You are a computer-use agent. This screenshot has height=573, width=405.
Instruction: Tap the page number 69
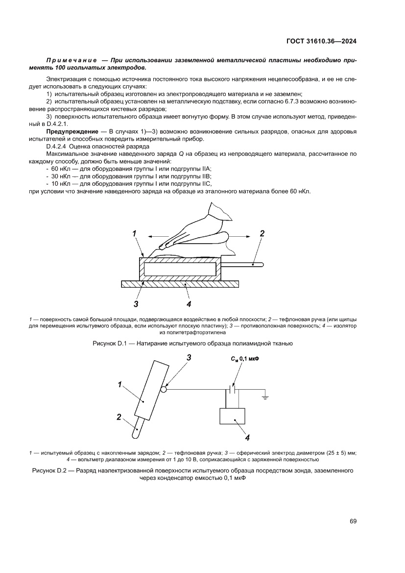click(x=353, y=521)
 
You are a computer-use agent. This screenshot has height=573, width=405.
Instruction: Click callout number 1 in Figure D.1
click(x=134, y=234)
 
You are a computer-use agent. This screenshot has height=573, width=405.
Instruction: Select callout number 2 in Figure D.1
click(x=262, y=234)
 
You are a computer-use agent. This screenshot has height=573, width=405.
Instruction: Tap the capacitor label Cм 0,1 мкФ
click(x=244, y=359)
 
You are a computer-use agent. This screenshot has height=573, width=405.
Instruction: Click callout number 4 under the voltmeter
click(x=247, y=438)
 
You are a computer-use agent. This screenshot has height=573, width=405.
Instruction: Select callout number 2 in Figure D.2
click(x=119, y=417)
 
